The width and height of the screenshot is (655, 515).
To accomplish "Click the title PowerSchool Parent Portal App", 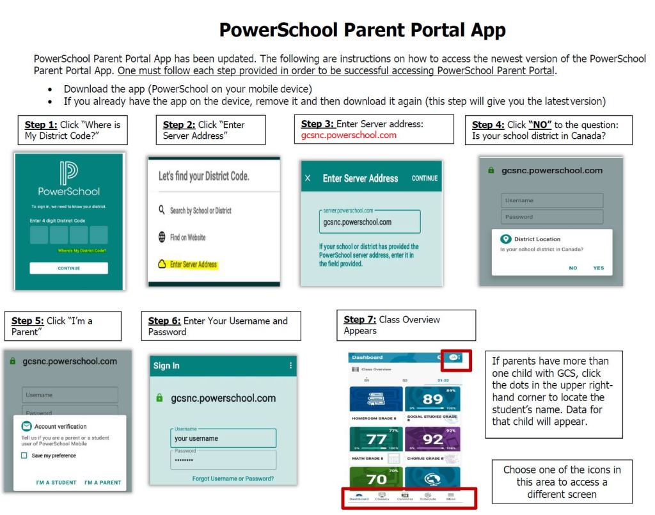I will tap(362, 30).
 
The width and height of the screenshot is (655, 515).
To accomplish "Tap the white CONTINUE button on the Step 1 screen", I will tap(68, 268).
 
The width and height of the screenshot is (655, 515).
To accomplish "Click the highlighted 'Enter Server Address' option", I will tap(193, 264).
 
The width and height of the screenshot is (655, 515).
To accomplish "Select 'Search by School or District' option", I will tap(200, 210).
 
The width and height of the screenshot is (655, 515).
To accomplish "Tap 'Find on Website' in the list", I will tap(187, 237).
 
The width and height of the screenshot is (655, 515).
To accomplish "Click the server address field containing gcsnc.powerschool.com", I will tap(370, 222).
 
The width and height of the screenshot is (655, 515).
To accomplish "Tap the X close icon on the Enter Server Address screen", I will tap(308, 178).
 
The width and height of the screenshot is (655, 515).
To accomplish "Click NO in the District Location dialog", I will tap(573, 268).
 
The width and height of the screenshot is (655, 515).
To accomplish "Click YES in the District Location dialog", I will tap(598, 268).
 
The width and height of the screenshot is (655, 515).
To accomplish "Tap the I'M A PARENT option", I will tap(102, 482).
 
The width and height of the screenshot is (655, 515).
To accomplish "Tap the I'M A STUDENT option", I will tap(56, 482).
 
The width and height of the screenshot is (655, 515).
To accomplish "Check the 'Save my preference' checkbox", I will tap(24, 456).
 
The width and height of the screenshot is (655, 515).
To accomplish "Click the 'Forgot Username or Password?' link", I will tap(233, 479).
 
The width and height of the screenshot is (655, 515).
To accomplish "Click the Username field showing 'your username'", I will tap(223, 439).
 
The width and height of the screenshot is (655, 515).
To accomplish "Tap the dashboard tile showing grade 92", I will tap(432, 439).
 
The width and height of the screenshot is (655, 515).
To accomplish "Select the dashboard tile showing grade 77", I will tap(376, 439).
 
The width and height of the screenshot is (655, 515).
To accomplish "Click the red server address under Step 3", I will tap(349, 135).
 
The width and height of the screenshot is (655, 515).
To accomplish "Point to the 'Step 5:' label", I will tap(28, 321).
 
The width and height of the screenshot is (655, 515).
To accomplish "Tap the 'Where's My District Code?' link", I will tap(82, 251).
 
